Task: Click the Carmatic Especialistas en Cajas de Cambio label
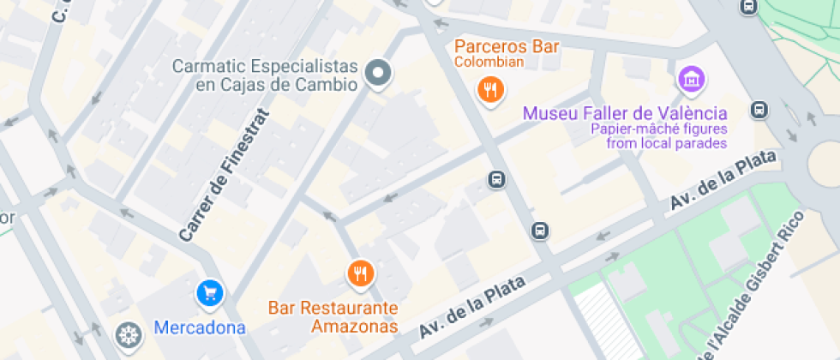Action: pyautogui.click(x=264, y=75)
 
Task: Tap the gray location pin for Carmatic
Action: pyautogui.click(x=378, y=74)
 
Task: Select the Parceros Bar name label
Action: pyautogui.click(x=507, y=45)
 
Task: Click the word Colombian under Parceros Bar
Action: pyautogui.click(x=489, y=62)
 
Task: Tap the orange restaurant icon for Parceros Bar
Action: pyautogui.click(x=489, y=88)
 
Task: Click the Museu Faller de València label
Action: pyautogui.click(x=625, y=113)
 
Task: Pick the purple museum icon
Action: pyautogui.click(x=691, y=81)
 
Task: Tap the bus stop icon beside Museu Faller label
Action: pyautogui.click(x=759, y=110)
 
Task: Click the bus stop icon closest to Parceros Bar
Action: pyautogui.click(x=495, y=179)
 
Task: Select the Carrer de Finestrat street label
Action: pyautogui.click(x=224, y=175)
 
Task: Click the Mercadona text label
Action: pyautogui.click(x=200, y=327)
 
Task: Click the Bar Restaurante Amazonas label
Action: pyautogui.click(x=333, y=316)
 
